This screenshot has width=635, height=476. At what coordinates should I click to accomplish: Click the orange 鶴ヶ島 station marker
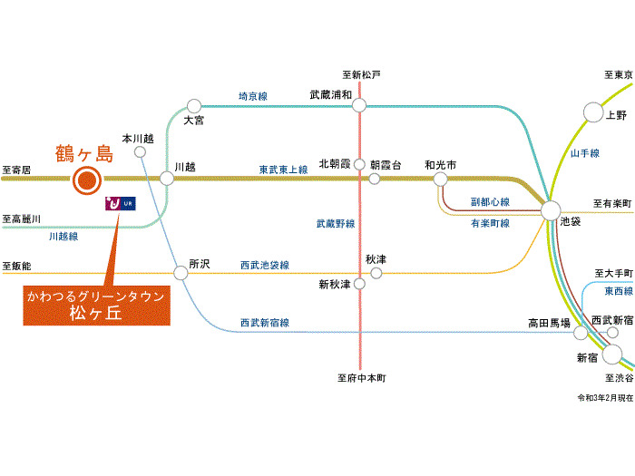click(x=87, y=180)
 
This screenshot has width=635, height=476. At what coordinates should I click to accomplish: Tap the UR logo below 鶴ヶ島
click(x=121, y=203)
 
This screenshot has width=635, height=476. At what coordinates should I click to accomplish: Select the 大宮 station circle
click(x=194, y=106)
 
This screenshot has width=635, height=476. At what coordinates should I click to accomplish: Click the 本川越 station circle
click(x=140, y=152)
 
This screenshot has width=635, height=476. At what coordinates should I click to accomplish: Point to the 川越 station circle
click(x=166, y=178)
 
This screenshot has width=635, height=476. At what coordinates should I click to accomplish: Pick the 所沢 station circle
click(x=181, y=273)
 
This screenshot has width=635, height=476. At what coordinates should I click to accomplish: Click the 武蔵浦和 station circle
click(x=359, y=106)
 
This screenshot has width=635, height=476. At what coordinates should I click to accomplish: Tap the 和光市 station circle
click(x=440, y=179)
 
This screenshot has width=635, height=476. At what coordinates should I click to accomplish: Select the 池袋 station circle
click(x=551, y=210)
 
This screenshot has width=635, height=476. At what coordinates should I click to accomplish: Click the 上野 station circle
click(x=593, y=112)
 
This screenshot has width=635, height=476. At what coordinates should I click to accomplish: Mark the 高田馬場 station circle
click(x=581, y=333)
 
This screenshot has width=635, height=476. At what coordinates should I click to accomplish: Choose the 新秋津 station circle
click(x=359, y=284)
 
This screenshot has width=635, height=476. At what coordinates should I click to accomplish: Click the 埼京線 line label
click(x=253, y=96)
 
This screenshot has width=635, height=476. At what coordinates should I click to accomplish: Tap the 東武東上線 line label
click(x=283, y=170)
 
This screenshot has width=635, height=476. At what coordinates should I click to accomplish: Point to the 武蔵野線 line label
click(x=336, y=223)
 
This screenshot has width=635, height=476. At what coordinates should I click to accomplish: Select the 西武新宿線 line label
click(x=265, y=323)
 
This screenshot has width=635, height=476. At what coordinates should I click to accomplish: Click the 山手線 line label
click(x=585, y=153)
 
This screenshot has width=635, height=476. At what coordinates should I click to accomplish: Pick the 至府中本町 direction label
click(x=362, y=378)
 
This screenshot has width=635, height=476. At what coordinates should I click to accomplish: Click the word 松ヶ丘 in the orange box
click(x=95, y=313)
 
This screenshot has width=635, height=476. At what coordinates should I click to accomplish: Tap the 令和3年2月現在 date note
click(x=605, y=398)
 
